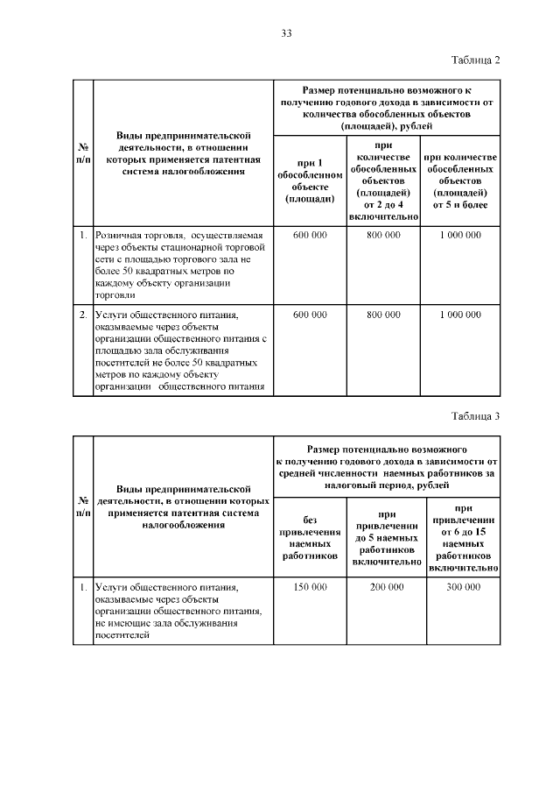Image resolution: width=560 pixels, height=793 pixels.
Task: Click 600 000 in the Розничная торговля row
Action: click(310, 236)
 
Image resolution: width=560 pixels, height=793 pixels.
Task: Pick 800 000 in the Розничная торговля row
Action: click(384, 236)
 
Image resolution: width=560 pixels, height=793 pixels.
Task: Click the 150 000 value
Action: click(310, 586)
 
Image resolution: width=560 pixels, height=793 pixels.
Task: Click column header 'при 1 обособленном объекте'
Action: click(310, 181)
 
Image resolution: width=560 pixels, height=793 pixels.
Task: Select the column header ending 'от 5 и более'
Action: click(460, 181)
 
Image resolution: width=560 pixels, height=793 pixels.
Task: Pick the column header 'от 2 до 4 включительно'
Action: click(384, 181)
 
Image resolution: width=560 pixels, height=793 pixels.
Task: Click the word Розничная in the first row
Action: click(121, 236)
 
